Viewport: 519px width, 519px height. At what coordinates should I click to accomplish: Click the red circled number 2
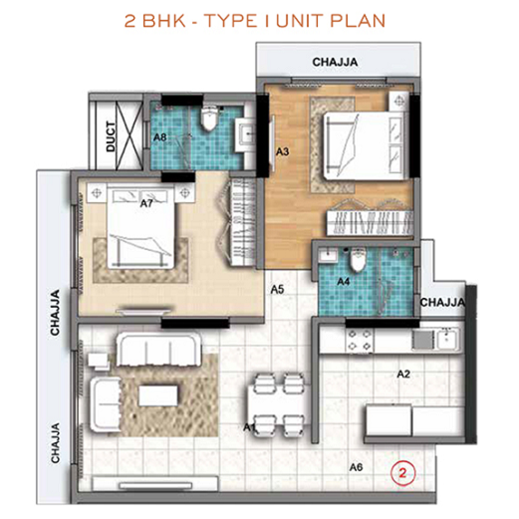click(401, 468)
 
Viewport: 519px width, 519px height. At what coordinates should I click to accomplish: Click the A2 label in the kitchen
click(404, 374)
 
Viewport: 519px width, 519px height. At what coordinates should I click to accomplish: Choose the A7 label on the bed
click(145, 203)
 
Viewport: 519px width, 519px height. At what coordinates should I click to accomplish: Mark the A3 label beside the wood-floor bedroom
click(282, 151)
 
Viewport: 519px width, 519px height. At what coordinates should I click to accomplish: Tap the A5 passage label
click(279, 290)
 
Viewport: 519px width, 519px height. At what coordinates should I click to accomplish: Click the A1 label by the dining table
click(250, 427)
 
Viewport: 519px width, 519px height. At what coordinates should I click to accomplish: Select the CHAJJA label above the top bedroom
click(337, 62)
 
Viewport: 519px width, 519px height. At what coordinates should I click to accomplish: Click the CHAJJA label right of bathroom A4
click(442, 302)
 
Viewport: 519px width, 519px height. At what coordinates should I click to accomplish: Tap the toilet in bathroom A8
click(208, 122)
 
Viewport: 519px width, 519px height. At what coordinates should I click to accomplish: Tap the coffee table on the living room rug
click(155, 395)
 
